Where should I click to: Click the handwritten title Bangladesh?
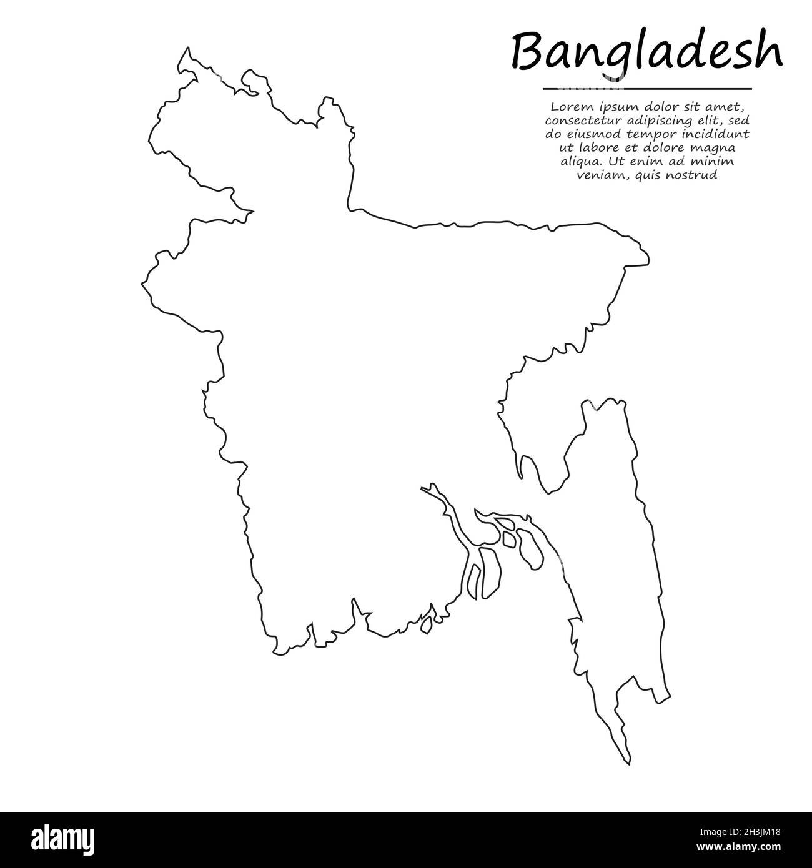(x=646, y=53)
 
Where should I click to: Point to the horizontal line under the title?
(x=646, y=89)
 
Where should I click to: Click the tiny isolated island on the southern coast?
(x=428, y=623)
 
